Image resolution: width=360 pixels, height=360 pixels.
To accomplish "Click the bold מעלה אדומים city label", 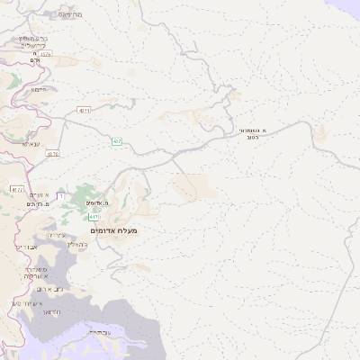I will tap(114, 230).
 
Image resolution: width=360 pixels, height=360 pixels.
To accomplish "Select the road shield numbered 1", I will tap(60, 195).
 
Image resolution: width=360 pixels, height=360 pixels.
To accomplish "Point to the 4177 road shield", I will tap(17, 189).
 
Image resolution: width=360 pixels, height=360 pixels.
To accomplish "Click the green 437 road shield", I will tap(117, 141).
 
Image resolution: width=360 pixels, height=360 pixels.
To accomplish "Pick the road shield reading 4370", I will tap(52, 154).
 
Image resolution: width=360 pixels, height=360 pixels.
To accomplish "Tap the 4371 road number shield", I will tap(85, 110).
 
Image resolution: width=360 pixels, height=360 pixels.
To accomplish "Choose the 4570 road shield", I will tap(46, 55).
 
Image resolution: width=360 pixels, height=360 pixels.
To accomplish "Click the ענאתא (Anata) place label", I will tap(31, 144).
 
